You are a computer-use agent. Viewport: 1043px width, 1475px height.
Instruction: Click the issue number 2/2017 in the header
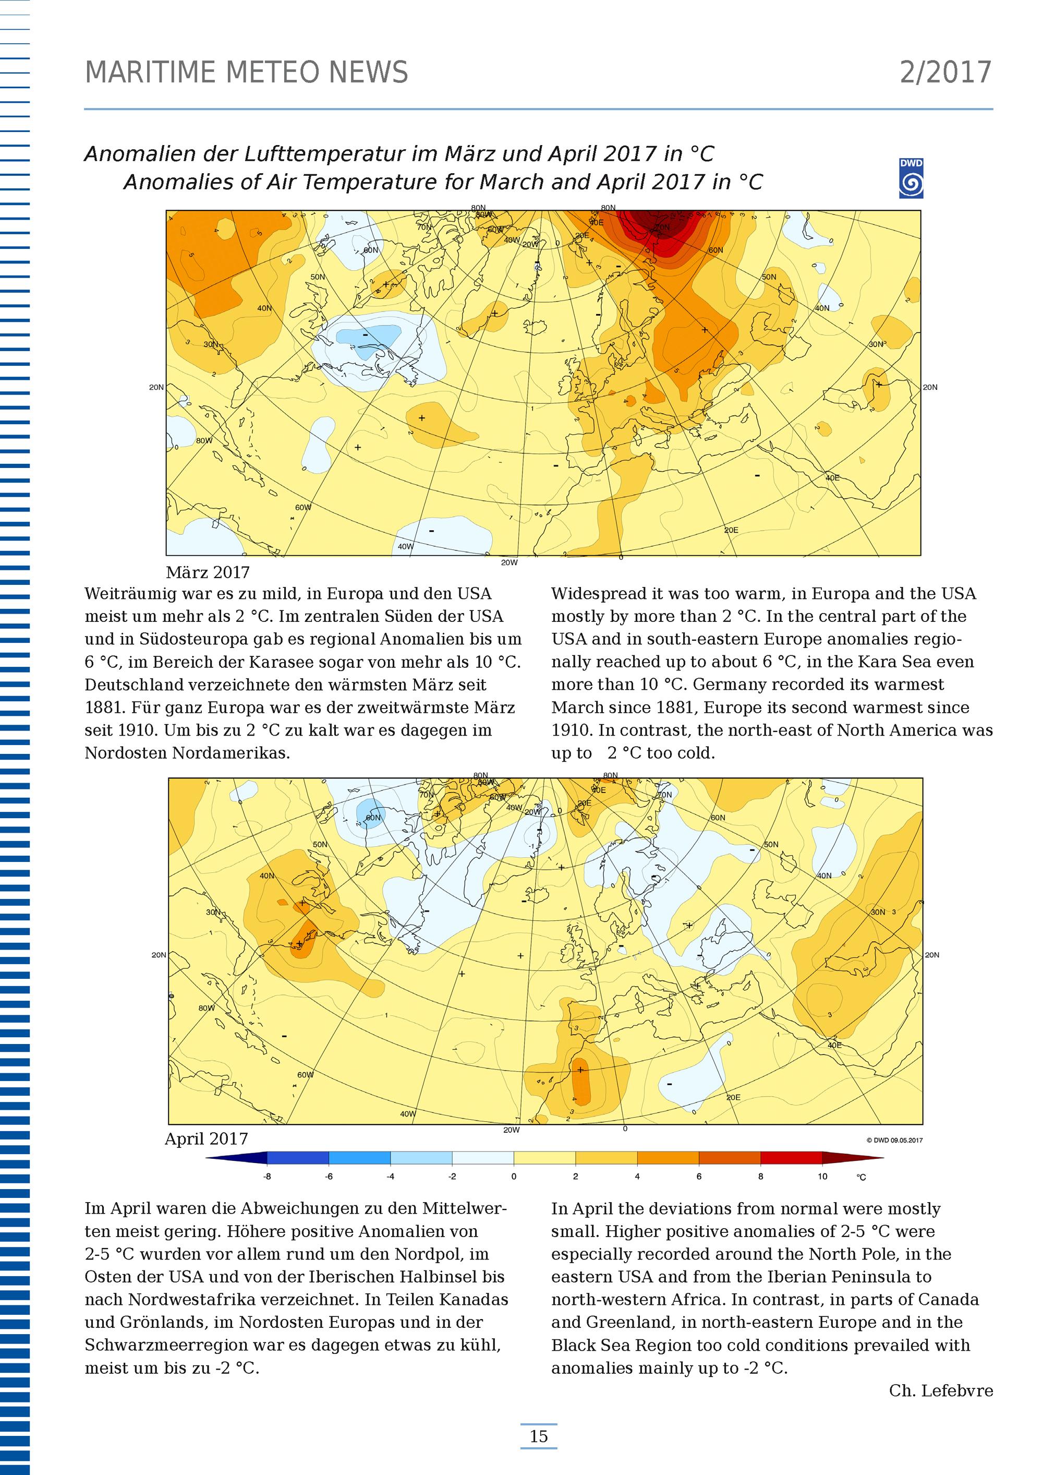coord(945,73)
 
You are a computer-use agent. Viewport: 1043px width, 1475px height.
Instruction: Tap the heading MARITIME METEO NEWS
coord(247,73)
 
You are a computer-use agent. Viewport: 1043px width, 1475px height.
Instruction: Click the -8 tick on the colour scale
coord(267,1176)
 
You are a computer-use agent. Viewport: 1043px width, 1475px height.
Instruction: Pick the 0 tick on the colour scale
coord(514,1176)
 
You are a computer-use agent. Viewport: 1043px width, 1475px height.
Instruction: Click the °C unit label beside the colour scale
coord(861,1177)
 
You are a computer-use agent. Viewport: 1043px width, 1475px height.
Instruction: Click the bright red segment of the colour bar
coord(791,1158)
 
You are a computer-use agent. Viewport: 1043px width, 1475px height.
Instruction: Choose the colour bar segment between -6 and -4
coord(360,1158)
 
